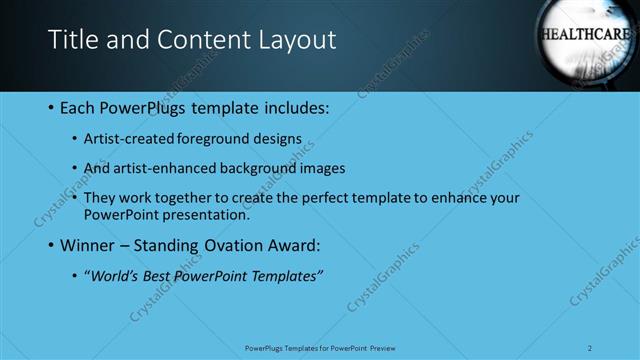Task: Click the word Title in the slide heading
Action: pos(73,39)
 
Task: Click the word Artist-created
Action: pos(131,139)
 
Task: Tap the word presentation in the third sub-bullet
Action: pos(203,214)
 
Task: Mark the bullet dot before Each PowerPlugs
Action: pos(51,107)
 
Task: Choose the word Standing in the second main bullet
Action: pos(181,244)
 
